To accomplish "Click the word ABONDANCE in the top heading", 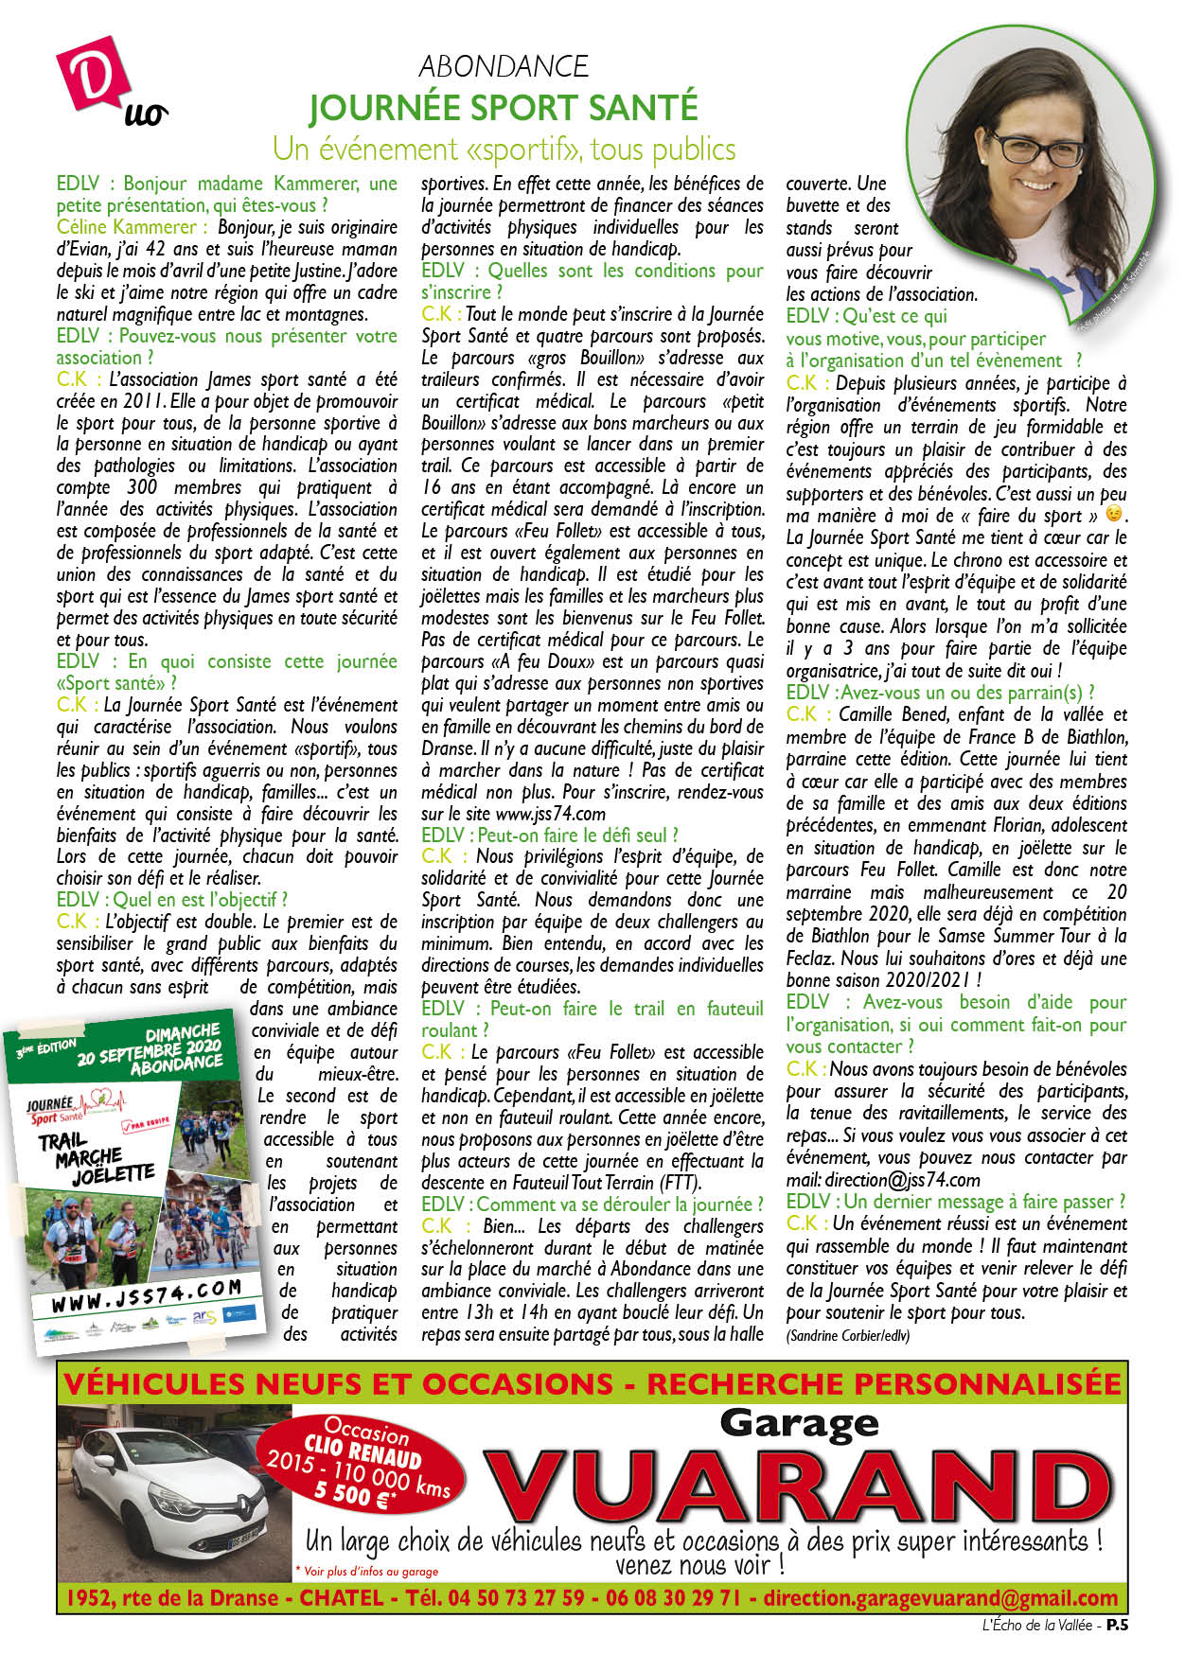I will (x=504, y=66).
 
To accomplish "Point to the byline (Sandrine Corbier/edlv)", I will (x=847, y=1335).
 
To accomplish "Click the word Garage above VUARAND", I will (x=800, y=1422).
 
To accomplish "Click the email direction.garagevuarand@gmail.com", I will (x=946, y=1598).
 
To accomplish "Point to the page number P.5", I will (x=1119, y=1625).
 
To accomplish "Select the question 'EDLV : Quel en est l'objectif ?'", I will (x=171, y=899).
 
